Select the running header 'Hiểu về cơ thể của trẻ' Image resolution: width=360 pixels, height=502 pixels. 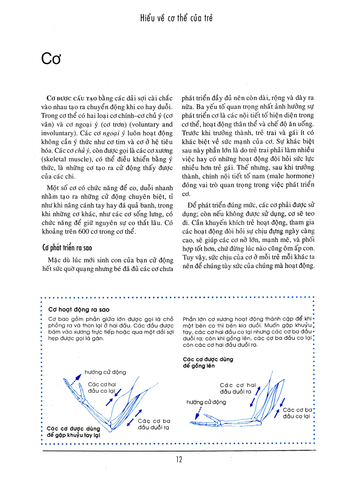point(176,18)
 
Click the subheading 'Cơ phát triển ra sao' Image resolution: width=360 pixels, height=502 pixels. point(74,248)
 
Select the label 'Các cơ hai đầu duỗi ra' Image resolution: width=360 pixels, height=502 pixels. point(237,388)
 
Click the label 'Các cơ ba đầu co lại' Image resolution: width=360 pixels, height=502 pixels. point(297,413)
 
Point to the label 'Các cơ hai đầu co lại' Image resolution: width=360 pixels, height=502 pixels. point(102,387)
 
